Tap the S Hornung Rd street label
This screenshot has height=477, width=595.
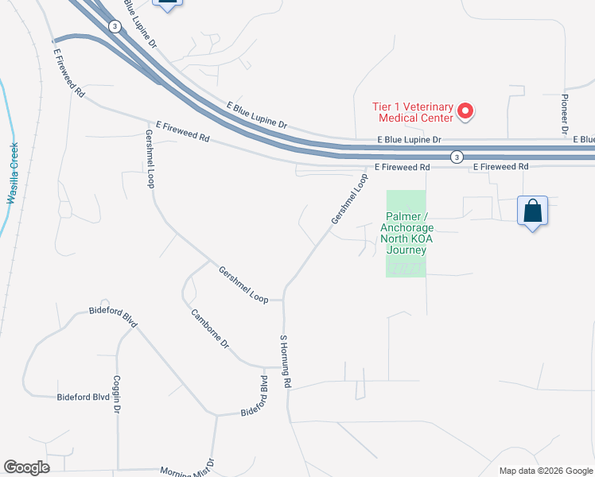[283, 362]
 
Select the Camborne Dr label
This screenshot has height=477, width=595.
[210, 329]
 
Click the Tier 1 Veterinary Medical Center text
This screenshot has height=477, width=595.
[413, 112]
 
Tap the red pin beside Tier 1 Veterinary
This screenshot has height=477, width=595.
[467, 112]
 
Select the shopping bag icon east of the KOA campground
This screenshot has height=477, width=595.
[532, 212]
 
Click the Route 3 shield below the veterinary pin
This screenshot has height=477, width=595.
[456, 157]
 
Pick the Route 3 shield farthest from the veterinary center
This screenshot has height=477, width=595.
[116, 26]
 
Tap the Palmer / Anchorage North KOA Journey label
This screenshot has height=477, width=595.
[406, 233]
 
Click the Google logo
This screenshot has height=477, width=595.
[26, 467]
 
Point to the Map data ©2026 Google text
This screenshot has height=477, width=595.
[546, 471]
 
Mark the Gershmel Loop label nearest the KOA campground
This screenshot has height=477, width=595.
[351, 200]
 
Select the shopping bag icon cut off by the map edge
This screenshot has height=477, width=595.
[166, 4]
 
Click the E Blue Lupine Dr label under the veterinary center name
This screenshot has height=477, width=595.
[409, 139]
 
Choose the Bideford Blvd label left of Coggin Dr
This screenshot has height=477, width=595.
[83, 397]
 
